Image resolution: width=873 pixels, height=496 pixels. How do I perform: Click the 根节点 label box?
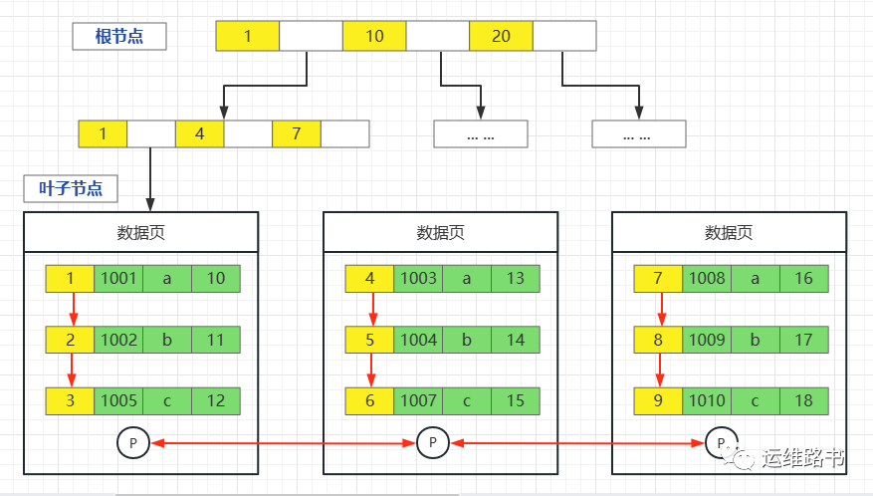coord(118,37)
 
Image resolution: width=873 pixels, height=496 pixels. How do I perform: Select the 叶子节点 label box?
coord(70,188)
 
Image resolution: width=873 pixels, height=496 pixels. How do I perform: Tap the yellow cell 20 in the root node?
coord(501,36)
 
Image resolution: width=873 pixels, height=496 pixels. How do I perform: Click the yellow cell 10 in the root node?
coord(374,36)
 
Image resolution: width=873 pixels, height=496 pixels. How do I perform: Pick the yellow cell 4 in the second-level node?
coord(200,133)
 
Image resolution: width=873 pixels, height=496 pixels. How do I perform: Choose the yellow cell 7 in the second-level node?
coord(297,133)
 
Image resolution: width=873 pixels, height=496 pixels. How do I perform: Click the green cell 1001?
coord(118,279)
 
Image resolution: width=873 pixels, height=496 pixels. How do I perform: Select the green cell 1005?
coord(118,401)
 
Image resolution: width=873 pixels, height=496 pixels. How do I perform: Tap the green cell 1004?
coord(418,340)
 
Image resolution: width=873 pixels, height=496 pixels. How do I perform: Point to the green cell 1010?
coord(707,401)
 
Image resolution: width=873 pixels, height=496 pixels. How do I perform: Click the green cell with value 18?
coord(803,401)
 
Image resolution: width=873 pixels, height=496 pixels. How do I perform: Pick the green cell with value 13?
coord(515,279)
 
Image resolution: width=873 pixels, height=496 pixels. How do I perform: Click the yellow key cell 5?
coord(369,340)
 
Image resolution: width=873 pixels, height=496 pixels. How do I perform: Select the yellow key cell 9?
coord(658,401)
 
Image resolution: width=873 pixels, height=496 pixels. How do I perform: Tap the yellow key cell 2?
coord(70,340)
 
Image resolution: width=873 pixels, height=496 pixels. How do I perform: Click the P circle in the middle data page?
coord(432,443)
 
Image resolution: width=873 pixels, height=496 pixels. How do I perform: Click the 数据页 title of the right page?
coord(729,232)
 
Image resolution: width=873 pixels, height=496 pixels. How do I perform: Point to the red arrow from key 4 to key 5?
coord(370,309)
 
